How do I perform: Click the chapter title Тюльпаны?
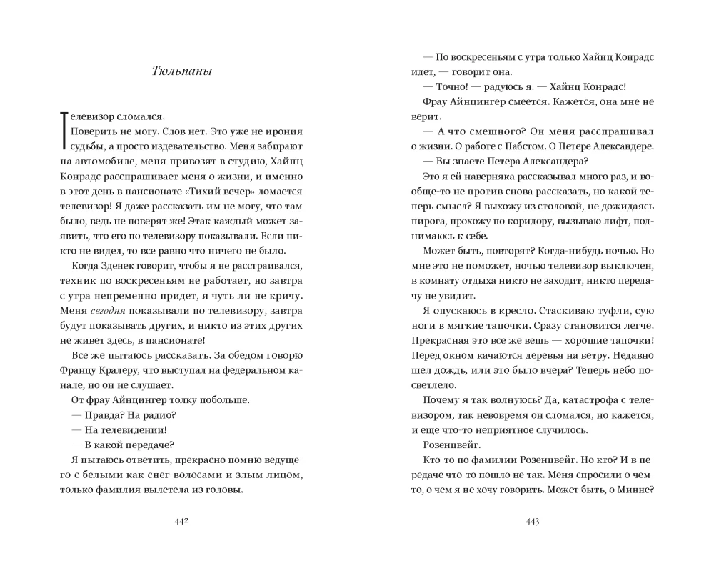182,71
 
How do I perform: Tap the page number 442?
181,521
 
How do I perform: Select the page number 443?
532,521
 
